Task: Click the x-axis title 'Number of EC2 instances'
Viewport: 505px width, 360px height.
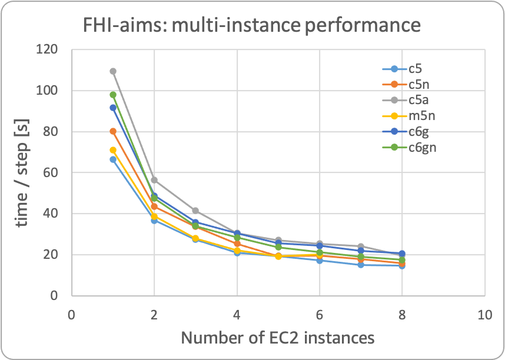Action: (x=277, y=338)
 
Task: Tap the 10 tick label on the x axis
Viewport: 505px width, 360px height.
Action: (x=484, y=314)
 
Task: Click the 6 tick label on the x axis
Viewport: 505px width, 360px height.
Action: (x=319, y=314)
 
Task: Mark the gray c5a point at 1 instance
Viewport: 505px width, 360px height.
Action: (x=112, y=71)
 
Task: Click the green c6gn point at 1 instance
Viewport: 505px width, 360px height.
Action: (x=112, y=95)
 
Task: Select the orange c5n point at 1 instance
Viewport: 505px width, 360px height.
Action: (x=112, y=131)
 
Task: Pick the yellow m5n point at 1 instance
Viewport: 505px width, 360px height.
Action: (x=112, y=150)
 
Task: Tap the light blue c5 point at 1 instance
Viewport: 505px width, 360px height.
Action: (x=112, y=159)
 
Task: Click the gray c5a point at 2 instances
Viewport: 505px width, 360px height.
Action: (x=154, y=180)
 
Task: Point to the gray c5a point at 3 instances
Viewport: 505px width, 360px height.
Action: (x=195, y=211)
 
